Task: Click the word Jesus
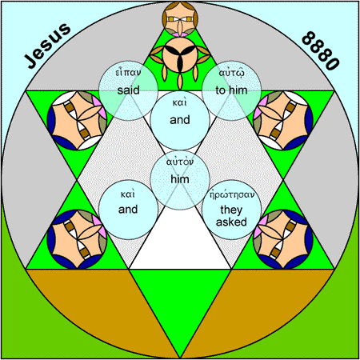[x=47, y=46]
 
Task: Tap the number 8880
[x=321, y=50]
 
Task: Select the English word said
[x=128, y=90]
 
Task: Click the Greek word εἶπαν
[x=128, y=72]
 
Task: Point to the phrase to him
[x=231, y=90]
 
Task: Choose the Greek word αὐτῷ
[x=231, y=73]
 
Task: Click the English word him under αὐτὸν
[x=180, y=179]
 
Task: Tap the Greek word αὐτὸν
[x=180, y=162]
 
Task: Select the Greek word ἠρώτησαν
[x=232, y=194]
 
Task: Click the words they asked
[x=231, y=216]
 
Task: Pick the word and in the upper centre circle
[x=180, y=120]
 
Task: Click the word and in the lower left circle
[x=128, y=210]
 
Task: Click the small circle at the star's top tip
[x=180, y=18]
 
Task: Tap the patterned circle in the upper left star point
[x=77, y=120]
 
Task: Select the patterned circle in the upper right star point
[x=283, y=120]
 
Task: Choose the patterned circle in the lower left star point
[x=77, y=239]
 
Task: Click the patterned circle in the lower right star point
[x=283, y=239]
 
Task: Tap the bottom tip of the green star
[x=180, y=358]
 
